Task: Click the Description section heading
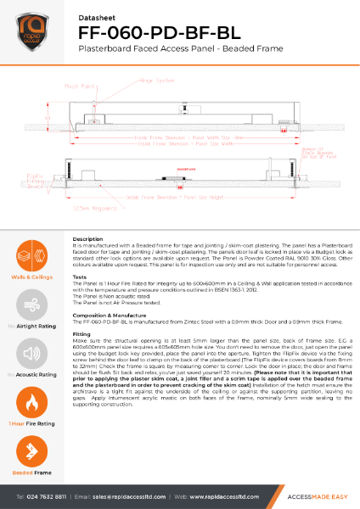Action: (x=88, y=240)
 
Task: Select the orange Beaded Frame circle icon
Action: (x=30, y=449)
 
